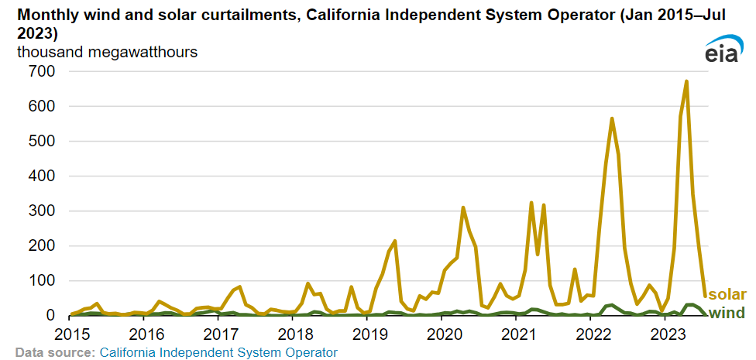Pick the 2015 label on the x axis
[x=69, y=334]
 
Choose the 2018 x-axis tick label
[x=294, y=334]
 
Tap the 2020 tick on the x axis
[x=445, y=334]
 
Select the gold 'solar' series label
[x=727, y=295]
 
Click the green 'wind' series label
[x=727, y=312]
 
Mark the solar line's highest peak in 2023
[x=686, y=81]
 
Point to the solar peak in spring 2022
[x=612, y=118]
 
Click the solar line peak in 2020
[x=462, y=207]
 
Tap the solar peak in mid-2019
[x=394, y=242]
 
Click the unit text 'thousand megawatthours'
[x=107, y=53]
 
